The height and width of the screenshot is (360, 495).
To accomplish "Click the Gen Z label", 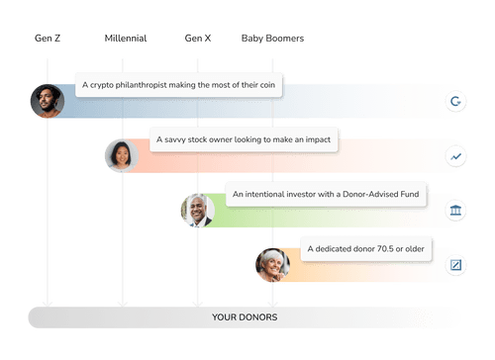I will tap(46, 39).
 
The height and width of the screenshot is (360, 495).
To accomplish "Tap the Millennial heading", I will tap(125, 39).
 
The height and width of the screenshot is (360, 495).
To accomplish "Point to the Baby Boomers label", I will tap(271, 39).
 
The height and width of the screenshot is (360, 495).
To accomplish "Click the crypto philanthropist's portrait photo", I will tap(46, 100).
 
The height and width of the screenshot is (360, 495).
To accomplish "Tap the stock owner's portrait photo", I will tap(121, 155).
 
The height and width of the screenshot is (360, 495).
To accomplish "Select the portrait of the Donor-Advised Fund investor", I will tap(197, 210).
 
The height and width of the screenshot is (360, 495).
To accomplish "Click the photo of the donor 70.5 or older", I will tap(271, 264).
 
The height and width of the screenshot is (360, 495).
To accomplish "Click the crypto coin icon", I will tap(455, 100).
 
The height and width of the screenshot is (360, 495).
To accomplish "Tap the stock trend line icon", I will tap(455, 155).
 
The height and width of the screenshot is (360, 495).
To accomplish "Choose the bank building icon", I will tap(455, 210).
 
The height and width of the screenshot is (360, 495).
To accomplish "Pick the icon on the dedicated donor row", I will tap(455, 264).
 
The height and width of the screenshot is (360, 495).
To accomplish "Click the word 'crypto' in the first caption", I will tap(103, 86).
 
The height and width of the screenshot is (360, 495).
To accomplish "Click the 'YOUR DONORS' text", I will tap(245, 317).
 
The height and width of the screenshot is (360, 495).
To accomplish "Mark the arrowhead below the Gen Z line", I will tap(46, 303).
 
